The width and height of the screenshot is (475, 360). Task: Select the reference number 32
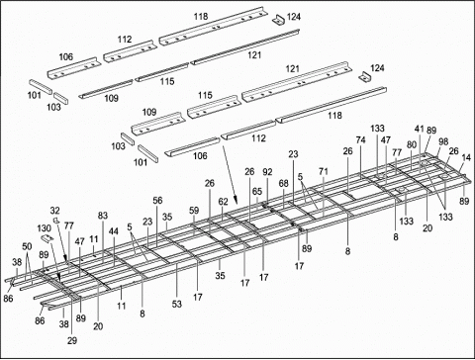(x=55, y=211)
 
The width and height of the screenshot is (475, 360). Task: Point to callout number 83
(x=103, y=216)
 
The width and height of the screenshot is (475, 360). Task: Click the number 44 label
(x=114, y=231)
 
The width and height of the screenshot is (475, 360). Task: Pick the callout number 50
(x=27, y=246)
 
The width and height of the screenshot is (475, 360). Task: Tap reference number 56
(x=158, y=201)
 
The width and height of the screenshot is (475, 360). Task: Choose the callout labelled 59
(x=194, y=210)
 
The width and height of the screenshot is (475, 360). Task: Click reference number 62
(x=224, y=202)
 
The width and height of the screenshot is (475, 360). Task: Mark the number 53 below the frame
(x=177, y=304)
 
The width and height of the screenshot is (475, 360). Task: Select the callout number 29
(x=71, y=340)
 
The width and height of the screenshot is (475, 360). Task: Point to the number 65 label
(x=256, y=192)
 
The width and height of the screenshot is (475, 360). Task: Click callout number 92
(x=267, y=173)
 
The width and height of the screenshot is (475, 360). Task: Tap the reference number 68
(x=284, y=183)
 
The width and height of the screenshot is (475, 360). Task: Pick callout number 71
(x=324, y=171)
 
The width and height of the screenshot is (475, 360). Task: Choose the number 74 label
(x=360, y=141)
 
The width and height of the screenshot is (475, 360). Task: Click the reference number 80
(x=411, y=144)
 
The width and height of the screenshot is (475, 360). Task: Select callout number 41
(x=420, y=130)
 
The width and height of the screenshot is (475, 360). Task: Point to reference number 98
(x=443, y=141)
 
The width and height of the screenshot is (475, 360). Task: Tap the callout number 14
(x=466, y=157)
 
